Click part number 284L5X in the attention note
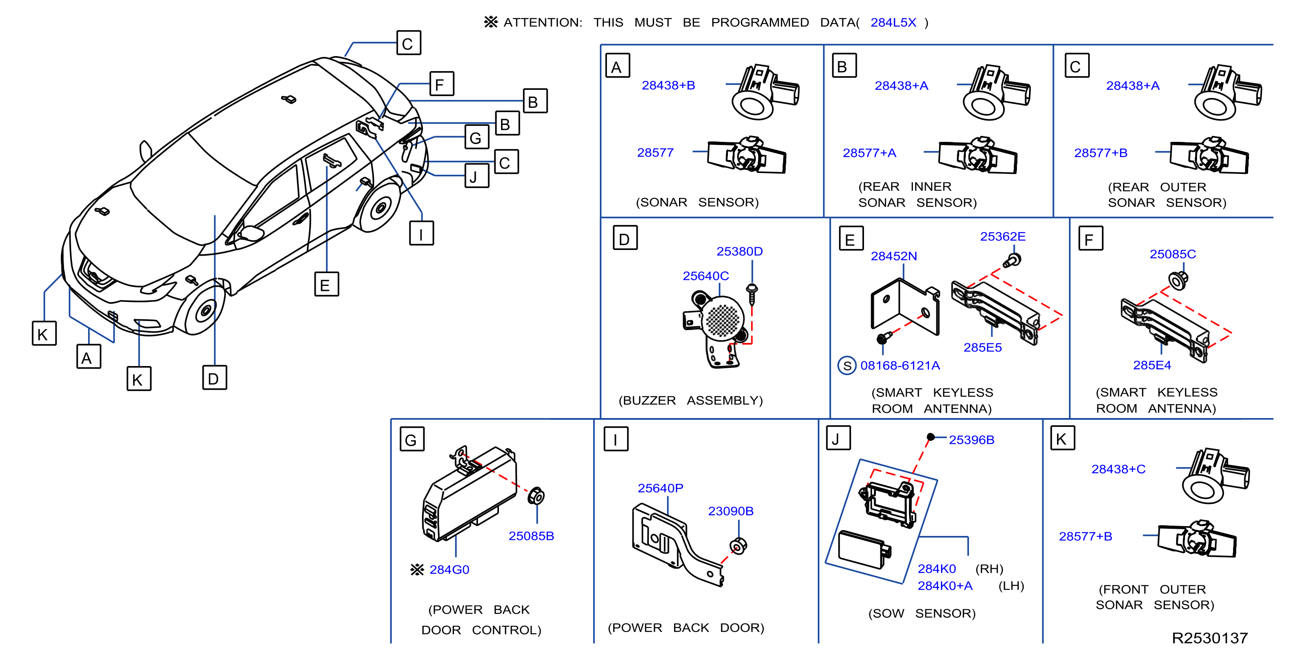pos(893,23)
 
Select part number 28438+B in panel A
pos(668,85)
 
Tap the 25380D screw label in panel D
pos(739,251)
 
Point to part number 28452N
pos(893,257)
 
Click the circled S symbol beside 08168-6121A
pos(847,366)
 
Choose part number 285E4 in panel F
pos(1151,366)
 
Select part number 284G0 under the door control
pos(449,570)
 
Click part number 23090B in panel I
pos(730,511)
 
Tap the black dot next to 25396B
pos(930,437)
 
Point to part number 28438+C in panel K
pos(1118,469)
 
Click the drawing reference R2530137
pos(1209,638)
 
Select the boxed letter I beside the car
pos(421,233)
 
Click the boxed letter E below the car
pos(326,284)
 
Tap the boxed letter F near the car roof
pos(441,84)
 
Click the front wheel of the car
pos(204,309)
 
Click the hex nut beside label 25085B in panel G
pos(535,496)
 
